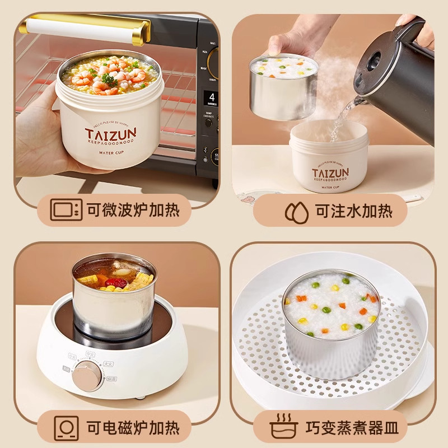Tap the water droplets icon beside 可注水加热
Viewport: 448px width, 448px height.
coord(295,211)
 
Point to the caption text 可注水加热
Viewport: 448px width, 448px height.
coord(353,211)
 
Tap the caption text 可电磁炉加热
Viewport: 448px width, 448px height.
coord(133,428)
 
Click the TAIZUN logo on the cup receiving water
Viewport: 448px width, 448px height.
coord(330,171)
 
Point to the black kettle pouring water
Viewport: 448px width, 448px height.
coord(398,78)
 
